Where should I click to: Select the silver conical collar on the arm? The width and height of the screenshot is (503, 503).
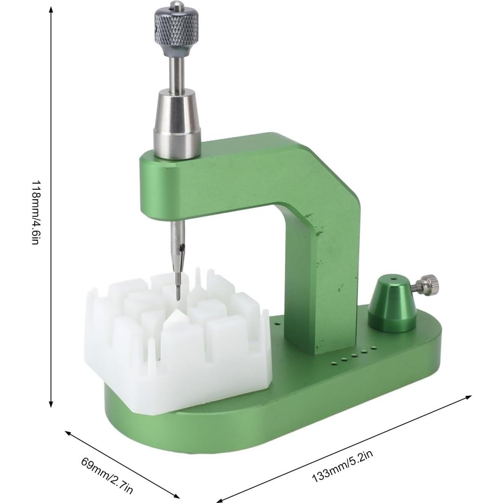(177, 130)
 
